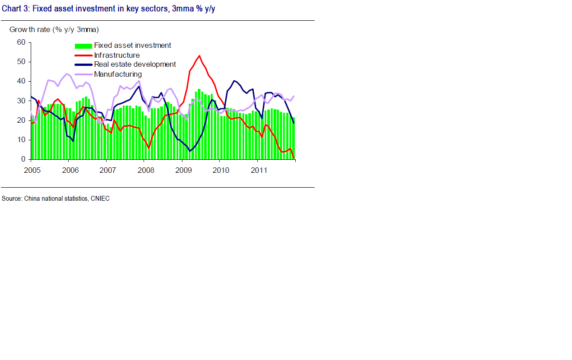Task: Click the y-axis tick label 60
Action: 21,42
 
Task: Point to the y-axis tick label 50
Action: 21,62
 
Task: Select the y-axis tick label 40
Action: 21,81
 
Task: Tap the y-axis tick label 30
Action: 21,101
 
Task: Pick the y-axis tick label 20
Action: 21,120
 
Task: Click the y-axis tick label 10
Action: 21,140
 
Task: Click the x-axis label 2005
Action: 32,170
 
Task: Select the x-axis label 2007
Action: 107,170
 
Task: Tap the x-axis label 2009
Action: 183,170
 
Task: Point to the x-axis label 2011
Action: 259,170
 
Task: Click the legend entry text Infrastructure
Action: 117,55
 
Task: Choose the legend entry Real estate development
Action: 135,65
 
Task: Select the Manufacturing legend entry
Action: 118,74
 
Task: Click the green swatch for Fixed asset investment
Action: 84,46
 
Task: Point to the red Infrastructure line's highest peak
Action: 199,56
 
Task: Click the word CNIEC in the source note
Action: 100,198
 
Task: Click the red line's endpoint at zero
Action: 294,158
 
